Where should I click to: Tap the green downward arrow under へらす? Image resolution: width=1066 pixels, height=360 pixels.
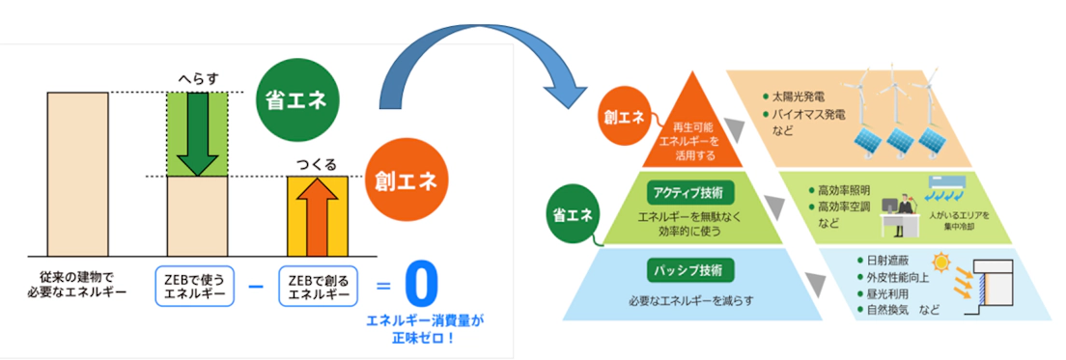197,134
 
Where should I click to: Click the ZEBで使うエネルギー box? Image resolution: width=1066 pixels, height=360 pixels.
195,288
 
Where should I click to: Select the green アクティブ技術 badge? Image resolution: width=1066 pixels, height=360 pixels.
691,192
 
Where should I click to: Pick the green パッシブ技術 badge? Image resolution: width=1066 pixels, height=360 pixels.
691,270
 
